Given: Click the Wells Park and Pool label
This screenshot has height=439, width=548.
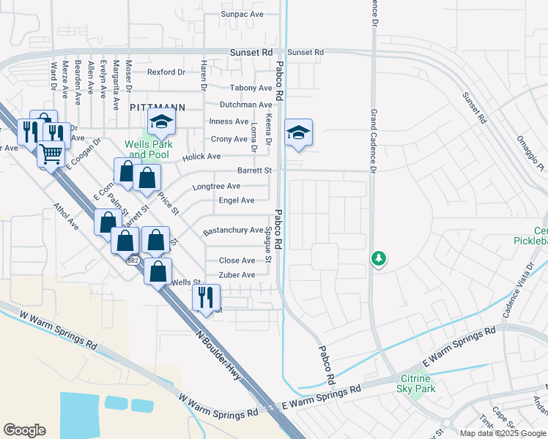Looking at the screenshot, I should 149,149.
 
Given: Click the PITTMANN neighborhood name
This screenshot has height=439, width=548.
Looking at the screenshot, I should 157,107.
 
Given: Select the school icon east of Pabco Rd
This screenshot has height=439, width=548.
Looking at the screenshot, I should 298,132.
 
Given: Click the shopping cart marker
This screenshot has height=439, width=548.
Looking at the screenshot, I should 51,154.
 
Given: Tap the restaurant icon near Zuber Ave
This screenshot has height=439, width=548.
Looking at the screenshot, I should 205,297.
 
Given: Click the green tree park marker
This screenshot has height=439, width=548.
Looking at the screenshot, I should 378,258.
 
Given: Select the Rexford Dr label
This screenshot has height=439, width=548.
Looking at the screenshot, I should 166,72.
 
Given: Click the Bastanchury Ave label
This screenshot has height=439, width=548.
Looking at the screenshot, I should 232,230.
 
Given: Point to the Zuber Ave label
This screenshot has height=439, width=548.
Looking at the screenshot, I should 237,274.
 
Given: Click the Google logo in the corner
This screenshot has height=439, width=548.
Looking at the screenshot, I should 24,430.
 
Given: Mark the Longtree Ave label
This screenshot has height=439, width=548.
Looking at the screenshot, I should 216,187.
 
